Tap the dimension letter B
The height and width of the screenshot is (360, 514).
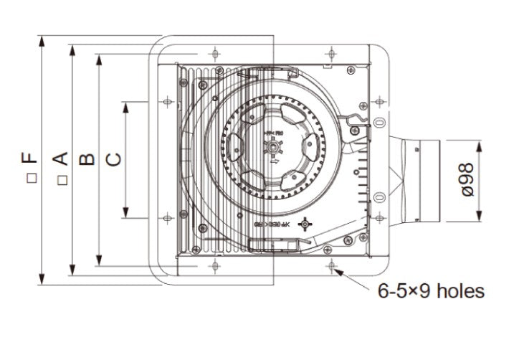87,158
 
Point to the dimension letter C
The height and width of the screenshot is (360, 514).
113,158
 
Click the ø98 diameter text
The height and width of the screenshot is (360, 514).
466,179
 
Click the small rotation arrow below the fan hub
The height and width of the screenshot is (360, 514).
274,164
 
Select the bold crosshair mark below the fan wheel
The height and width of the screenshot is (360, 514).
306,224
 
